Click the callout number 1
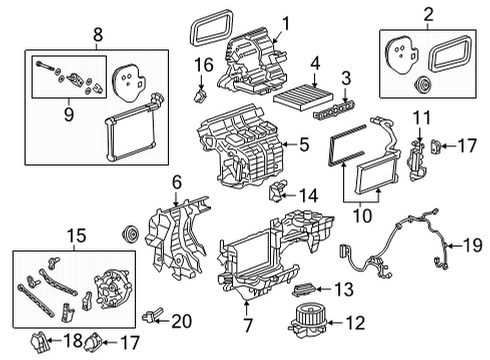[x=285, y=22]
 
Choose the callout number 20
[x=181, y=320]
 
